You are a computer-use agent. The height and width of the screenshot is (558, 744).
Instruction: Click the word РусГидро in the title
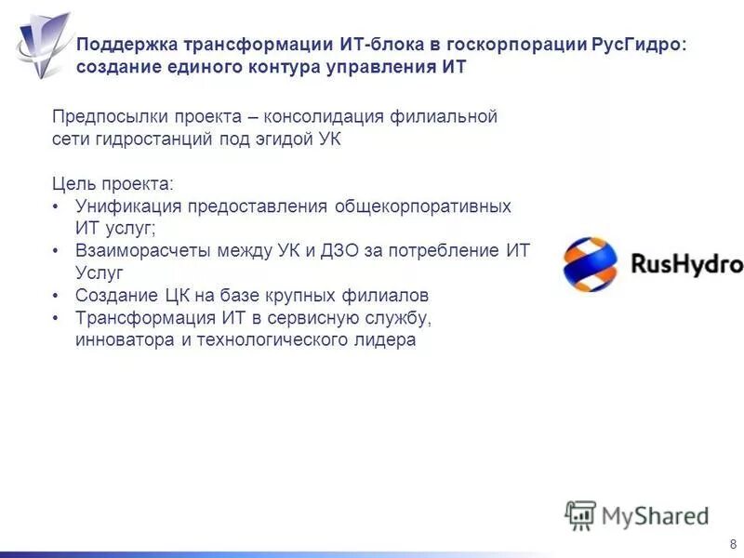tap(634, 45)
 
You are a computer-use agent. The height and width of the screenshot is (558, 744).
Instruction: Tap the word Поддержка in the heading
tap(126, 45)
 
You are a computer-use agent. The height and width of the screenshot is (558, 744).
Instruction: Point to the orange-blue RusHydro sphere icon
tap(590, 264)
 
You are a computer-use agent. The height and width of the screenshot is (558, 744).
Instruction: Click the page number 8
tap(733, 543)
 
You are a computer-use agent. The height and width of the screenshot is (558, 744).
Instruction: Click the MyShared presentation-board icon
tap(580, 514)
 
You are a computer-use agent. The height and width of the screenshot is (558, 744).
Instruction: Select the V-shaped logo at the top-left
tap(42, 42)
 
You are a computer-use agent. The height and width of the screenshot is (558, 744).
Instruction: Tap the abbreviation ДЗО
tap(399, 251)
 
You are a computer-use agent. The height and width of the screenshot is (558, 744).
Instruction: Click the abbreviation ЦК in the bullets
tap(164, 296)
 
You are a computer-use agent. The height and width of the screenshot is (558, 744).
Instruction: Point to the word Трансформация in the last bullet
tap(139, 318)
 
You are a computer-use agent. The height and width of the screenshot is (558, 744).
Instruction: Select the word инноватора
tap(121, 340)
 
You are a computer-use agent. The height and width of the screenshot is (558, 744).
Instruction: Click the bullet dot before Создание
tap(57, 296)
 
